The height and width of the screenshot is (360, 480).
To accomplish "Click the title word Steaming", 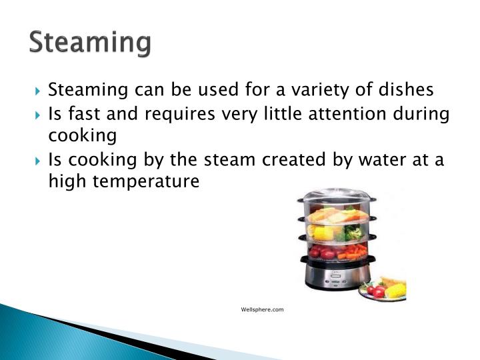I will point(90,42).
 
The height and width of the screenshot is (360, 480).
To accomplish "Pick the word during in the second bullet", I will point(419,115).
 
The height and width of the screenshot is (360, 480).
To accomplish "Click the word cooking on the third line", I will point(82,137).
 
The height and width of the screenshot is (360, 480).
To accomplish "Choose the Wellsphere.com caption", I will point(263,309).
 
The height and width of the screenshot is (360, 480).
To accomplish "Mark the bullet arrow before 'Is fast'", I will point(39,114).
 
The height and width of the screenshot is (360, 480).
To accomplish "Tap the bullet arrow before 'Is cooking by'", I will point(39,161).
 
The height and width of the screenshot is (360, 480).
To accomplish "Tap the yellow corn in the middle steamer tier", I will point(321,233).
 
